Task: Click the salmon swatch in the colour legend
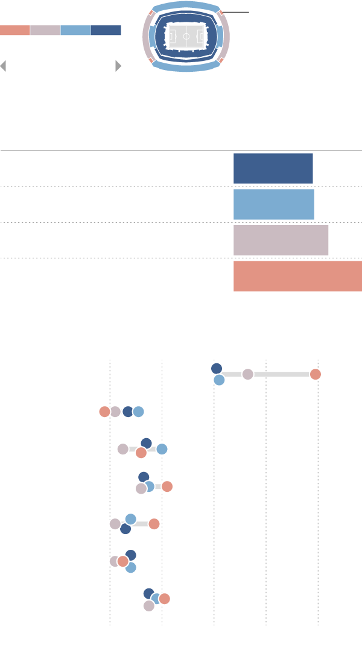coord(15,30)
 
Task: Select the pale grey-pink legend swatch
coord(45,30)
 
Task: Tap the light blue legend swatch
coord(75,30)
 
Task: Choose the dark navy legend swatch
coord(106,30)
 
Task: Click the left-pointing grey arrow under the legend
coord(3,66)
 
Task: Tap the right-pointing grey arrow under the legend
coord(118,66)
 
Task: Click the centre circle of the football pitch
coord(186,36)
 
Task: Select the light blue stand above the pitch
coord(186,6)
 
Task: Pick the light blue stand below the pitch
coord(186,66)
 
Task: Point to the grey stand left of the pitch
coord(146,36)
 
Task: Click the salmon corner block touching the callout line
coord(221,12)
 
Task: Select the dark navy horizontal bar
coord(273,168)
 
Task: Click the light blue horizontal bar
coord(273,205)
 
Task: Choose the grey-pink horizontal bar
coord(281,240)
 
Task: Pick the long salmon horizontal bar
coord(297,276)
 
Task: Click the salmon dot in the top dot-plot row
coord(315,374)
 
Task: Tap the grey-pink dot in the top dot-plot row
coord(247,374)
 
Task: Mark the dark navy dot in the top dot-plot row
coord(217,368)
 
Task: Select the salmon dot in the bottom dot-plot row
coord(164,599)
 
